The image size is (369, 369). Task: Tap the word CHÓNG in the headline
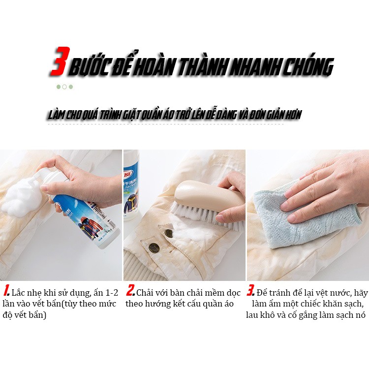pos(308,66)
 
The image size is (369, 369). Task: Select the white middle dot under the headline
pos(64,87)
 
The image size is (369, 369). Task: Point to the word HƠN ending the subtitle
pos(293,115)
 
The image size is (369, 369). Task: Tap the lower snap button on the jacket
pos(153,247)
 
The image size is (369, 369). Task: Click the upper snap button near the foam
pos(169,233)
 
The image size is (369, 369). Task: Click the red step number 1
pos(6,290)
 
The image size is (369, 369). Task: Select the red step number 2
pos(131,290)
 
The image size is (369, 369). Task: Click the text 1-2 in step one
pos(112,293)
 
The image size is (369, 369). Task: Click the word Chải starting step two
pos(145,293)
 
